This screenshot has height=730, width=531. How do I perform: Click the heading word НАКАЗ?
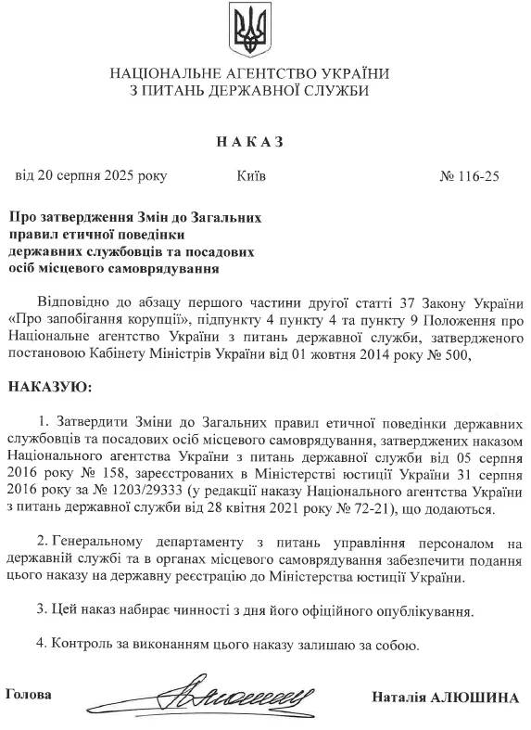pos(247,142)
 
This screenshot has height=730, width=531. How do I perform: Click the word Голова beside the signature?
pos(29,694)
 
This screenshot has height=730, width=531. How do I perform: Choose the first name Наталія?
pos(397,698)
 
